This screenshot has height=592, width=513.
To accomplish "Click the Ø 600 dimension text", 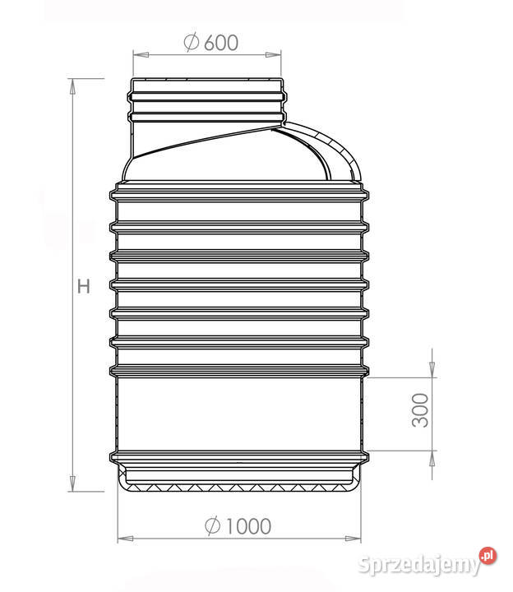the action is (211, 42).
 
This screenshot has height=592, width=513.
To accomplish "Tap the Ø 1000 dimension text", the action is (238, 525).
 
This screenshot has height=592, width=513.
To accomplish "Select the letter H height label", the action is (83, 286).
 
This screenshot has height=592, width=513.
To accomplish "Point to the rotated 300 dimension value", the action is (420, 410).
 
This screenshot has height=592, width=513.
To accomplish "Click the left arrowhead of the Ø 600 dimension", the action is (141, 55).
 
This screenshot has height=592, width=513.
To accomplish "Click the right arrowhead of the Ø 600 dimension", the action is (273, 55).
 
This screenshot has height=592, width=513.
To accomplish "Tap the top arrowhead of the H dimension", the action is (72, 86).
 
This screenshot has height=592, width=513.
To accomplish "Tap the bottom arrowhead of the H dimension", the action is (72, 483).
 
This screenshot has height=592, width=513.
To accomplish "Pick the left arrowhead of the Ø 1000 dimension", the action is (126, 538).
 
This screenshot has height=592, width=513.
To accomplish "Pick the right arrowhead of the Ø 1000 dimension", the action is (353, 538).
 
